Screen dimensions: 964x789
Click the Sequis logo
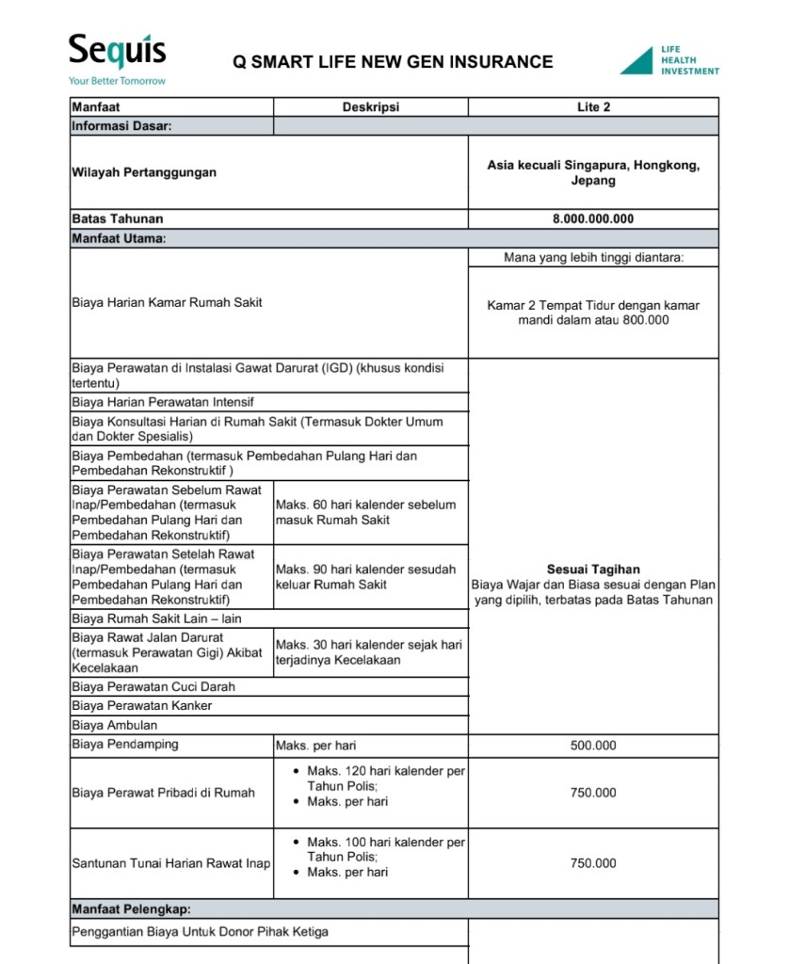pos(117,51)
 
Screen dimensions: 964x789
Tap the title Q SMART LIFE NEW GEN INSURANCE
pos(393,62)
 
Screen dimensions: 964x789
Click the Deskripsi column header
pos(370,107)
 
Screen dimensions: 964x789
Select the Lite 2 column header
pos(593,107)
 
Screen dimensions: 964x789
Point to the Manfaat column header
pos(96,107)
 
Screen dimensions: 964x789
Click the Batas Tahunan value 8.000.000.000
pos(593,219)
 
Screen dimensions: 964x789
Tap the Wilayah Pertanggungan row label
pos(144,172)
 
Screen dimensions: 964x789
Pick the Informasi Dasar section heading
pos(121,126)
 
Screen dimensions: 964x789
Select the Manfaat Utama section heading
pos(119,238)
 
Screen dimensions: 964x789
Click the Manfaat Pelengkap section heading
pos(131,909)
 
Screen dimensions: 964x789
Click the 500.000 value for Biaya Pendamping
pos(593,746)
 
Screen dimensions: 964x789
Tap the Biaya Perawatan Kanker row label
pos(142,705)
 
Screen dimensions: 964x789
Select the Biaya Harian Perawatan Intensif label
pos(163,402)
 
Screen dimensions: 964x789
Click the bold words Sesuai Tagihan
pos(593,570)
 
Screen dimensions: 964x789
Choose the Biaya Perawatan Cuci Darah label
pos(153,686)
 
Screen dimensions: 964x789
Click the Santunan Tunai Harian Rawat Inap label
pos(171,863)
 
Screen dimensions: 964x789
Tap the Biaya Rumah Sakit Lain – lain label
pos(157,619)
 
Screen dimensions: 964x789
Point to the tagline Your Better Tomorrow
pos(117,81)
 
